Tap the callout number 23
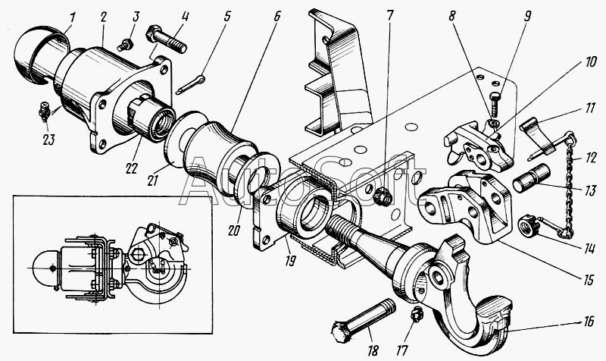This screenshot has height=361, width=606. [x=49, y=140]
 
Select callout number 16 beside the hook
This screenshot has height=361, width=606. [x=589, y=321]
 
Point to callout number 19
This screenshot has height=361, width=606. [x=290, y=261]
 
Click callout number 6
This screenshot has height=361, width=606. [x=276, y=16]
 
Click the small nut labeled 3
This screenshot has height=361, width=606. [x=127, y=45]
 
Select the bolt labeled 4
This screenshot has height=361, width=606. [x=166, y=39]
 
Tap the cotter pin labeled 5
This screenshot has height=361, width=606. [x=190, y=85]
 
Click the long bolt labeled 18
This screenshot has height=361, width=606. [x=364, y=319]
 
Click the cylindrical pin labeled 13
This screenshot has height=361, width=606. [x=532, y=177]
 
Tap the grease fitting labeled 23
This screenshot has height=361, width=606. [x=45, y=111]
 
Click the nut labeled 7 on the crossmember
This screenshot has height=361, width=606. [x=383, y=196]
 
